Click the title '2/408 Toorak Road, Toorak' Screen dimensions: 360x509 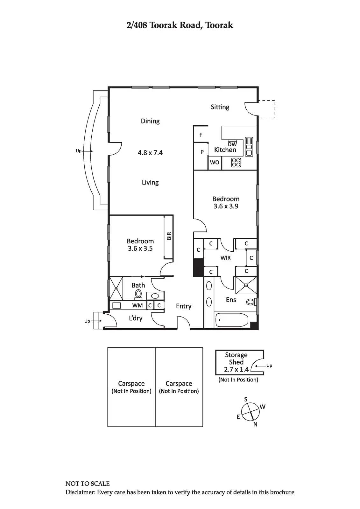click(x=180, y=25)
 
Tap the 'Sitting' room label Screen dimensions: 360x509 click(x=220, y=107)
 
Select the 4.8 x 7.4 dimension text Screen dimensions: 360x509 click(x=150, y=153)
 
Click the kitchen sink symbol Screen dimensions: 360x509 click(x=249, y=147)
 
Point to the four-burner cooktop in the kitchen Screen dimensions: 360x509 click(x=236, y=163)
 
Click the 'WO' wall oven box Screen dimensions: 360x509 click(x=215, y=163)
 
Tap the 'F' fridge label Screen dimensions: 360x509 click(x=201, y=135)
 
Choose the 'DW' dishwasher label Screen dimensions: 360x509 click(x=232, y=144)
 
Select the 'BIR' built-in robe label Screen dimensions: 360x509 click(x=169, y=236)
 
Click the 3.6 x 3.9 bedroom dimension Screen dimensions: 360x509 click(x=226, y=206)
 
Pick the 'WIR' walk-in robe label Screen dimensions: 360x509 click(x=225, y=258)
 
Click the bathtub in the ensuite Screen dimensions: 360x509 click(x=232, y=320)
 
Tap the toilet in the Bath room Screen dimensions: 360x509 click(x=138, y=294)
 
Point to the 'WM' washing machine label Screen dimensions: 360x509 click(x=138, y=305)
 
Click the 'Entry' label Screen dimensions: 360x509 click(x=184, y=306)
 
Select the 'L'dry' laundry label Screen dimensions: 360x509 click(x=136, y=318)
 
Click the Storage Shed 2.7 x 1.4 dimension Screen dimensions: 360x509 click(x=236, y=369)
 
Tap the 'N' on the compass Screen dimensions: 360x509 click(x=255, y=424)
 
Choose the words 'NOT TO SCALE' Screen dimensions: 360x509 click(x=88, y=484)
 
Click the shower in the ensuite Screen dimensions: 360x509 click(x=245, y=285)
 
